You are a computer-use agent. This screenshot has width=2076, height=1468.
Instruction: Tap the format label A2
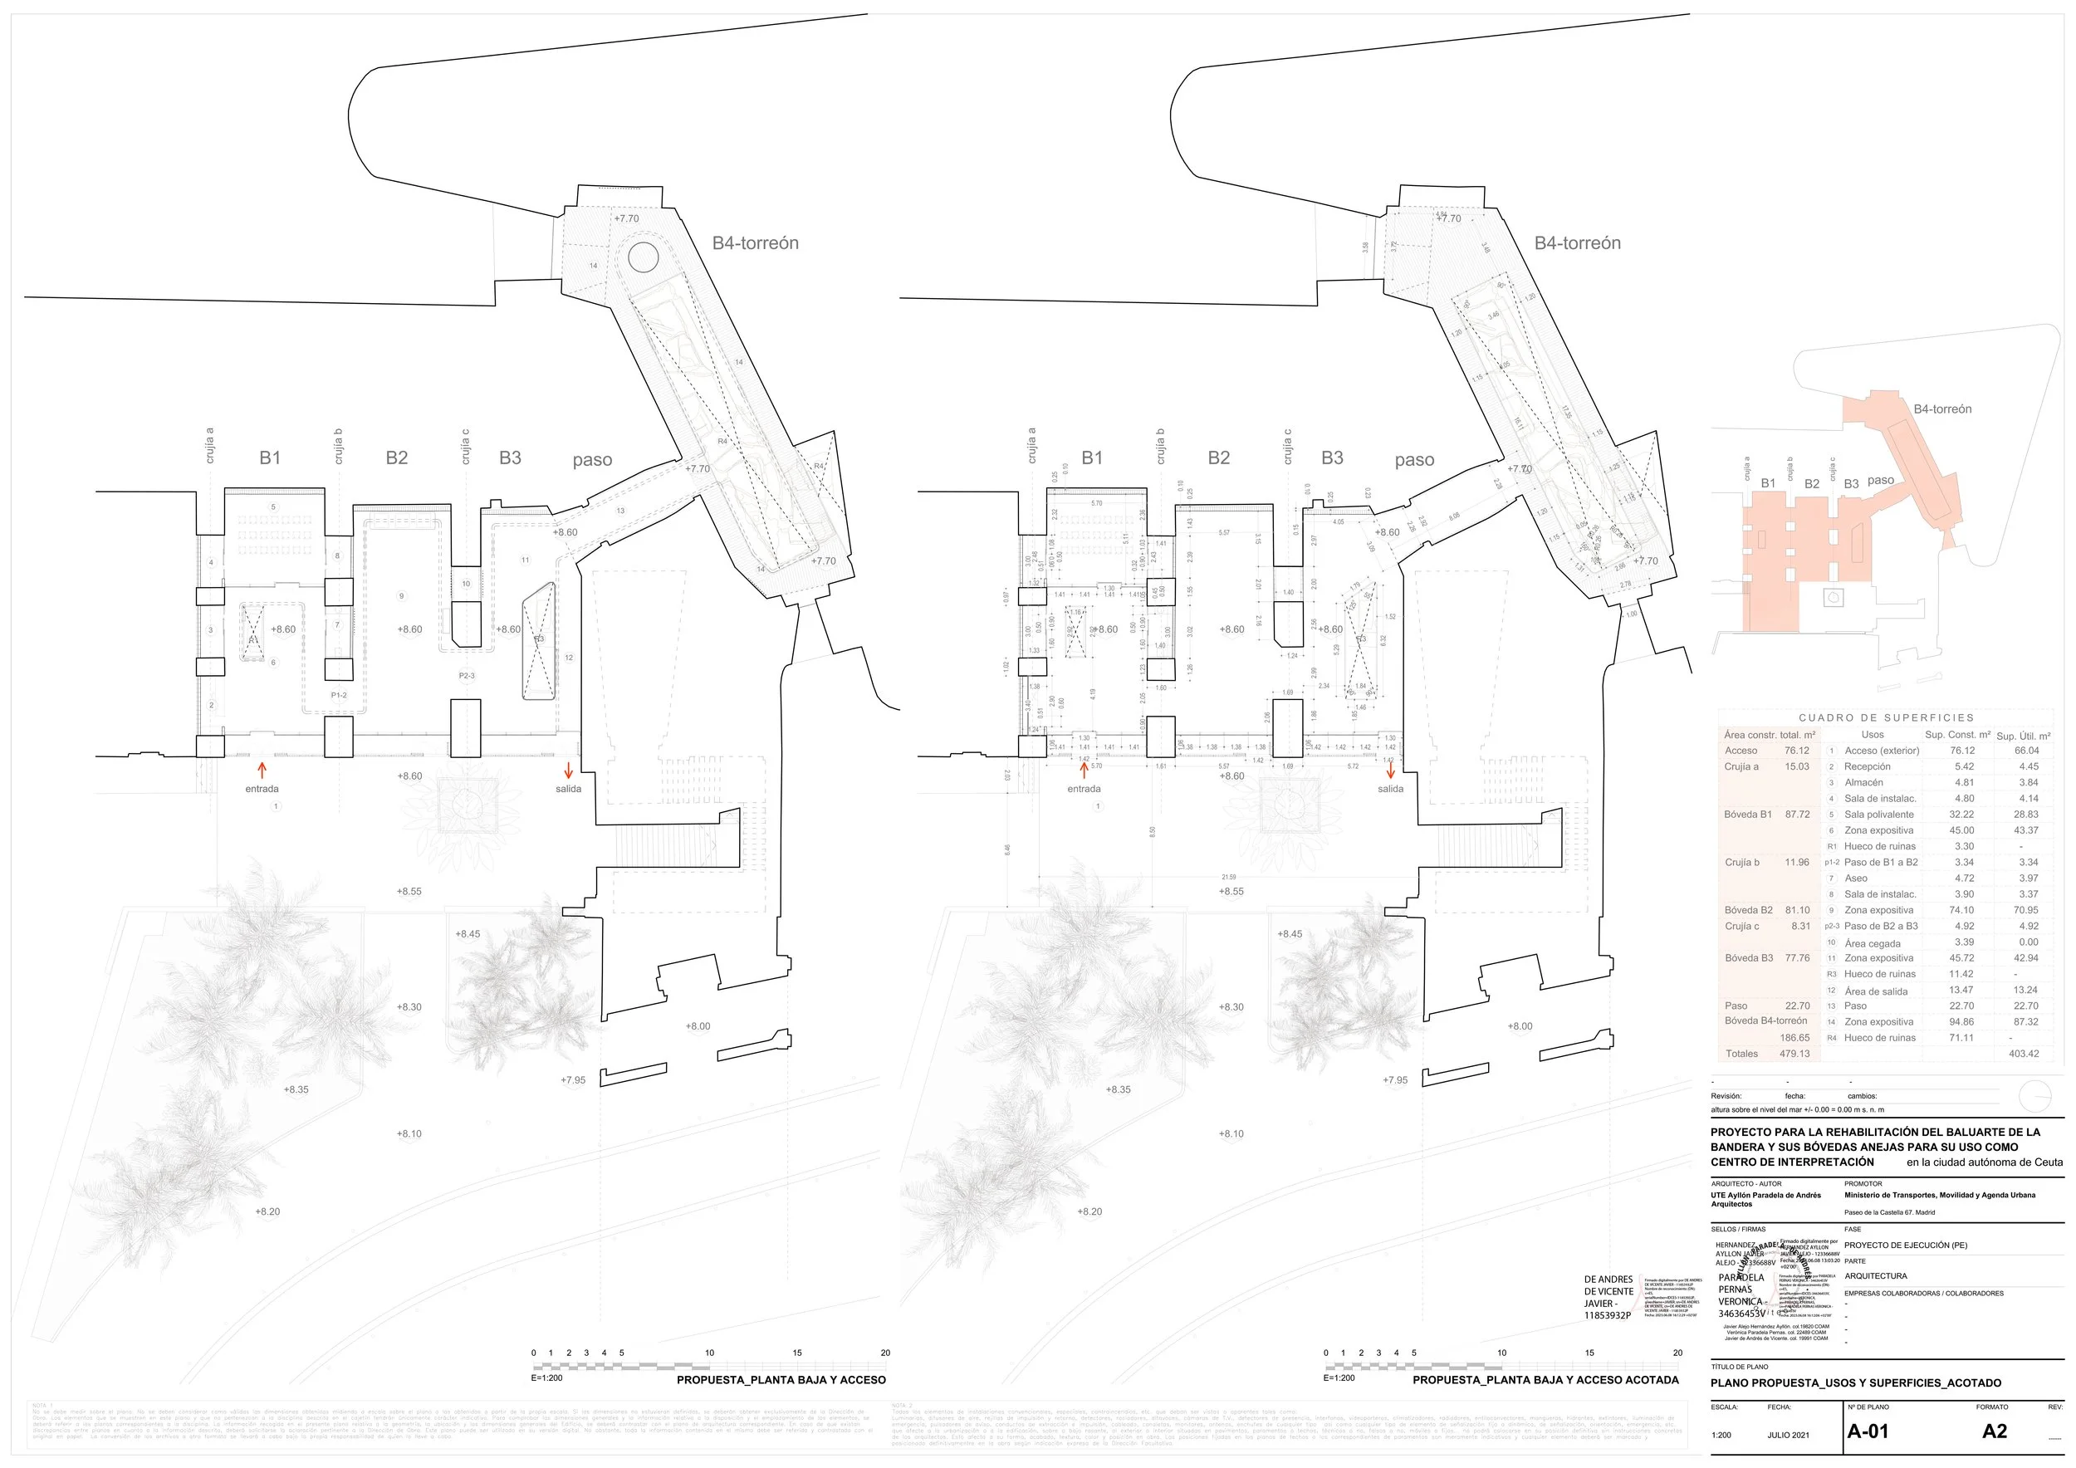[1994, 1431]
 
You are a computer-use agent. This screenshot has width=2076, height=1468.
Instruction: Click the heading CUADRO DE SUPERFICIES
[1886, 717]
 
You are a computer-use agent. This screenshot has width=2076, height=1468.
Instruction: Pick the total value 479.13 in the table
[1794, 1053]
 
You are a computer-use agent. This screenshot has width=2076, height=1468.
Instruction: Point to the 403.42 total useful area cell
[2024, 1053]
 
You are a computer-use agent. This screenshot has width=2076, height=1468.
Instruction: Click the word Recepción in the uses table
[1867, 766]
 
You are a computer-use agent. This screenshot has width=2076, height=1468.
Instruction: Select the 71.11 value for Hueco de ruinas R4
[1961, 1038]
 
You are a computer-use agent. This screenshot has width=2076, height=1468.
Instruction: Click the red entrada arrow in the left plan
[262, 771]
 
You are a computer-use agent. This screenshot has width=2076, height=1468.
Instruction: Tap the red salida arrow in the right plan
[1391, 771]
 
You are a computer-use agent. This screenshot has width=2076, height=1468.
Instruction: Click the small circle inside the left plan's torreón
[643, 257]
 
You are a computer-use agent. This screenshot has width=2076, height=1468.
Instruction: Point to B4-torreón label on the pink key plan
[1942, 409]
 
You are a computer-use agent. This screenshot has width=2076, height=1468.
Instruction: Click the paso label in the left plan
[592, 460]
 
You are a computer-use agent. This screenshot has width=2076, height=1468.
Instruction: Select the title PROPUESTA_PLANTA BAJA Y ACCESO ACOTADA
[1545, 1380]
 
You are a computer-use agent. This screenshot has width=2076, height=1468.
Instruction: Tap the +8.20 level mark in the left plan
[267, 1212]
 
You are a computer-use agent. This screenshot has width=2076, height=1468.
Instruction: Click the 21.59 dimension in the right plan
[1229, 877]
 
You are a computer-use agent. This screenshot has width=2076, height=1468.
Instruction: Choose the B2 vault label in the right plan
[1219, 458]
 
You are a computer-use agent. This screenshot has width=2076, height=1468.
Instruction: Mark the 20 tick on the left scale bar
[885, 1353]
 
